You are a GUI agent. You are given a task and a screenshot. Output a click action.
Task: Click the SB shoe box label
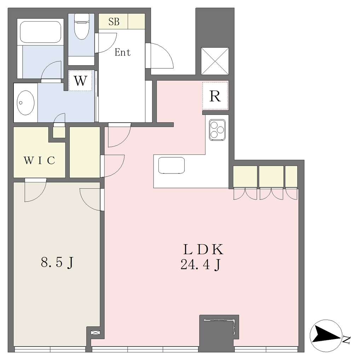[114, 22]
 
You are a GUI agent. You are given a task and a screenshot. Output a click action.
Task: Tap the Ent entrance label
[123, 52]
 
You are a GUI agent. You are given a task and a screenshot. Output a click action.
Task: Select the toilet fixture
[82, 27]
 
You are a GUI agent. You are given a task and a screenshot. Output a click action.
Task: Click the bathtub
[40, 32]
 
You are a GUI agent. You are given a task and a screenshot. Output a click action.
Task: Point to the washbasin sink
[25, 103]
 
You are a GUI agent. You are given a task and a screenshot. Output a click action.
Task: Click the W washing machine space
[80, 80]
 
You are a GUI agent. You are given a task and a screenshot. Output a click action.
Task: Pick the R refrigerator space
[215, 96]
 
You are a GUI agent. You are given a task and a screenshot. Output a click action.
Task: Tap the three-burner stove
[217, 130]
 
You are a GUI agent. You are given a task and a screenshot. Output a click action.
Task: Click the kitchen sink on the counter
[172, 165]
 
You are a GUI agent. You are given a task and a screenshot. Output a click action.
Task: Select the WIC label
[40, 160]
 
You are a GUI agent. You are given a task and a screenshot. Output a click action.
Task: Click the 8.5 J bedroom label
[57, 263]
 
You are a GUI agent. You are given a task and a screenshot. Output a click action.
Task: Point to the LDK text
[203, 249]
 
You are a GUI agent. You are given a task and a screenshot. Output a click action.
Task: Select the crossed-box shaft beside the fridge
[215, 61]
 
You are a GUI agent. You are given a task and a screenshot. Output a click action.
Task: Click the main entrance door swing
[159, 56]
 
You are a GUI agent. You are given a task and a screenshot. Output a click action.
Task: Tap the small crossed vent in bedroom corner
[95, 333]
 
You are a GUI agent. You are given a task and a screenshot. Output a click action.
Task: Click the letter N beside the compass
[347, 340]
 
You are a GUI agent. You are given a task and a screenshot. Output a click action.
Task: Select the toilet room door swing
[105, 43]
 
